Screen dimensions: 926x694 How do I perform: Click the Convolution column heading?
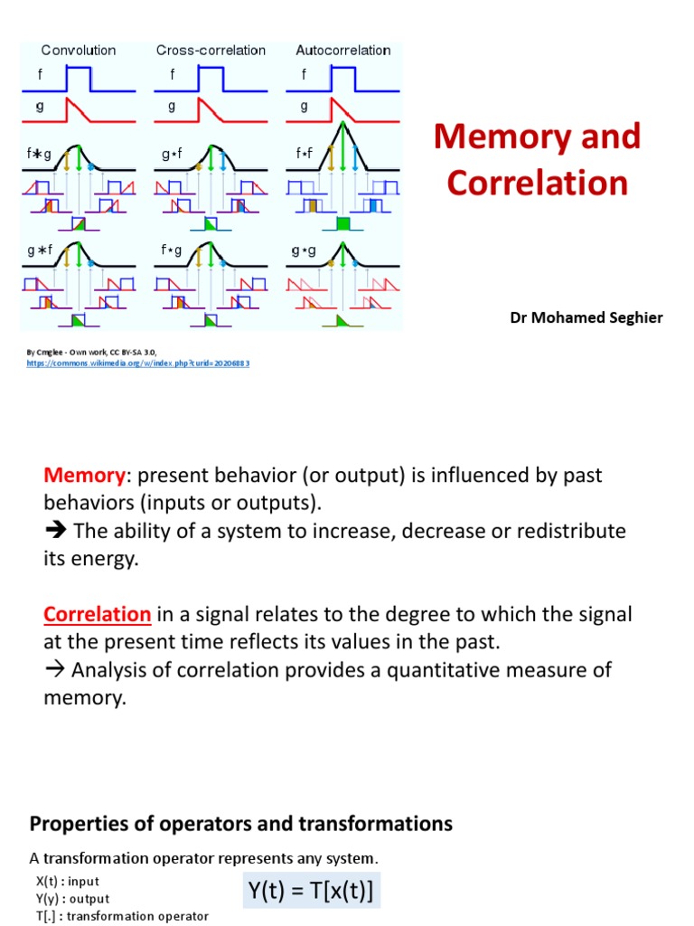click(79, 51)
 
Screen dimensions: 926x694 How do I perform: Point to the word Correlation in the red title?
click(537, 183)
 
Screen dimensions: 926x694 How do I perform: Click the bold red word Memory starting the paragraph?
click(83, 475)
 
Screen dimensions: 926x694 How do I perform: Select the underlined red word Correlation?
click(97, 615)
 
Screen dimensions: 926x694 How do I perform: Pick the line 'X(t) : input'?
click(68, 881)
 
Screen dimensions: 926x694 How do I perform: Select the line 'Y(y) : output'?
click(72, 899)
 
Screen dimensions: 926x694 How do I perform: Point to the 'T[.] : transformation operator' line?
click(122, 916)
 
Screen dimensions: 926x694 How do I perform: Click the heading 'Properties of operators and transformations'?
click(241, 824)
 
